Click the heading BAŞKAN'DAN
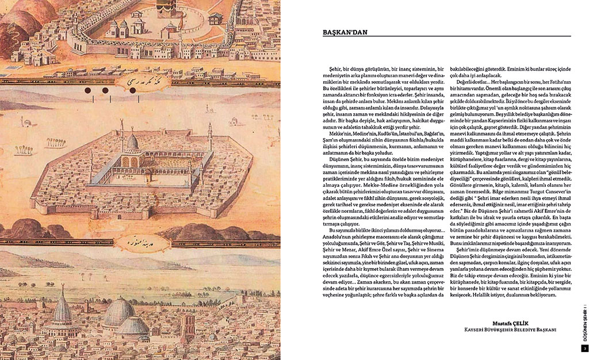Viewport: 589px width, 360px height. (345, 32)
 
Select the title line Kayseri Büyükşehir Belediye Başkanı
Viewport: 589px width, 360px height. (511, 331)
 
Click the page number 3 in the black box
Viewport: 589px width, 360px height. (584, 348)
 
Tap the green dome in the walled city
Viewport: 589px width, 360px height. (132, 143)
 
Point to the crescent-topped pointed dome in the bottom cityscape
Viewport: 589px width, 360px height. (62, 311)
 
